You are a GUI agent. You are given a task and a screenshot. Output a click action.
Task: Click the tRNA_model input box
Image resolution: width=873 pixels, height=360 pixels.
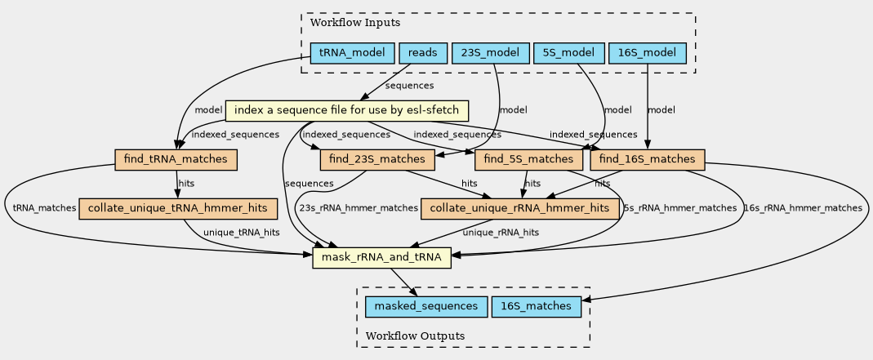[x=353, y=54]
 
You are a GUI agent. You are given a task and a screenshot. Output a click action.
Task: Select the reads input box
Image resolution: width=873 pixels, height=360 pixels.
[x=424, y=54]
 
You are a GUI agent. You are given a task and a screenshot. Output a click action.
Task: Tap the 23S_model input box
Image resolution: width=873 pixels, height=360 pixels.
[x=490, y=54]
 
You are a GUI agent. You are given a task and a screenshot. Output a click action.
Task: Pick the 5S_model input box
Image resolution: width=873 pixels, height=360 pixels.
[x=568, y=54]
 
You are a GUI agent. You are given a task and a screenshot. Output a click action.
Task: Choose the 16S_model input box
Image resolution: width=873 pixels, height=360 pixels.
[x=647, y=54]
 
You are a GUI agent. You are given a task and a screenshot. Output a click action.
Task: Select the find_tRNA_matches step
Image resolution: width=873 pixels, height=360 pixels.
[x=176, y=159]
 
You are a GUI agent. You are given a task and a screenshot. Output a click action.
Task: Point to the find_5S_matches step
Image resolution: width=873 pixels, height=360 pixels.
[x=528, y=159]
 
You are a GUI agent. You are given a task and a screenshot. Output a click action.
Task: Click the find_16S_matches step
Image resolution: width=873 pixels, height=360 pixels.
[x=646, y=159]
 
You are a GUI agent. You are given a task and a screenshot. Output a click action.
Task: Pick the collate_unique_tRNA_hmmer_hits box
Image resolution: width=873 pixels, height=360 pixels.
[x=177, y=208]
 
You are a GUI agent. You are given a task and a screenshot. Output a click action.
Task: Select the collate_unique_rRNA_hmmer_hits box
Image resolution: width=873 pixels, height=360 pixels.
[x=520, y=208]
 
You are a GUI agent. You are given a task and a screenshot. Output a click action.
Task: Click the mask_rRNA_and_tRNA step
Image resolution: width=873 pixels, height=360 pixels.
[x=381, y=258]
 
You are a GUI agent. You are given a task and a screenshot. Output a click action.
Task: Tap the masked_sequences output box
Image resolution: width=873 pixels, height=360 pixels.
[x=422, y=307]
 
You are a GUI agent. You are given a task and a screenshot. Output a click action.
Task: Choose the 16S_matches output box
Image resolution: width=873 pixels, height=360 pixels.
[x=537, y=307]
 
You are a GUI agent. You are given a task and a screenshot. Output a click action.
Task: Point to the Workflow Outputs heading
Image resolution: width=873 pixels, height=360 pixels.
[x=415, y=336]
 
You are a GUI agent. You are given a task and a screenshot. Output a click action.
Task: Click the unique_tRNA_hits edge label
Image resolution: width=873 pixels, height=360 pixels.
[x=241, y=233]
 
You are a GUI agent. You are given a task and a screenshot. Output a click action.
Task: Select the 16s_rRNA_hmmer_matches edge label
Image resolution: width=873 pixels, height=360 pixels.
[x=803, y=208]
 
